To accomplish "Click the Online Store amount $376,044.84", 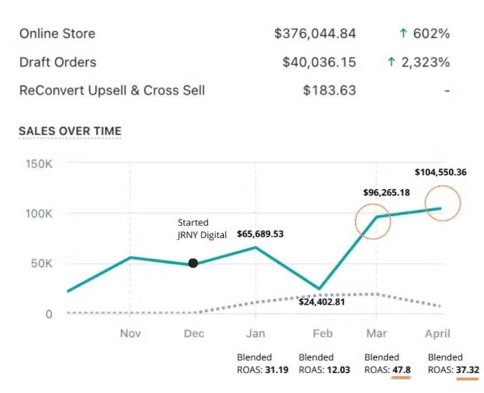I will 314,34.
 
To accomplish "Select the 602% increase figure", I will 431,34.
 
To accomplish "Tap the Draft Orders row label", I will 58,62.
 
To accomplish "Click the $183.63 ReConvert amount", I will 330,90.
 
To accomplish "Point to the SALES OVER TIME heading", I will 70,131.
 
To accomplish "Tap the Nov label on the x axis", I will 130,333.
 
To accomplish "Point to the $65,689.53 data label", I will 260,234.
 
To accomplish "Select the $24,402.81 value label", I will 321,301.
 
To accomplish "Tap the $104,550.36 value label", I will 441,172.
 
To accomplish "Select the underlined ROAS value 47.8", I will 401,369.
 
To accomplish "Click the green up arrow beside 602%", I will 402,34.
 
